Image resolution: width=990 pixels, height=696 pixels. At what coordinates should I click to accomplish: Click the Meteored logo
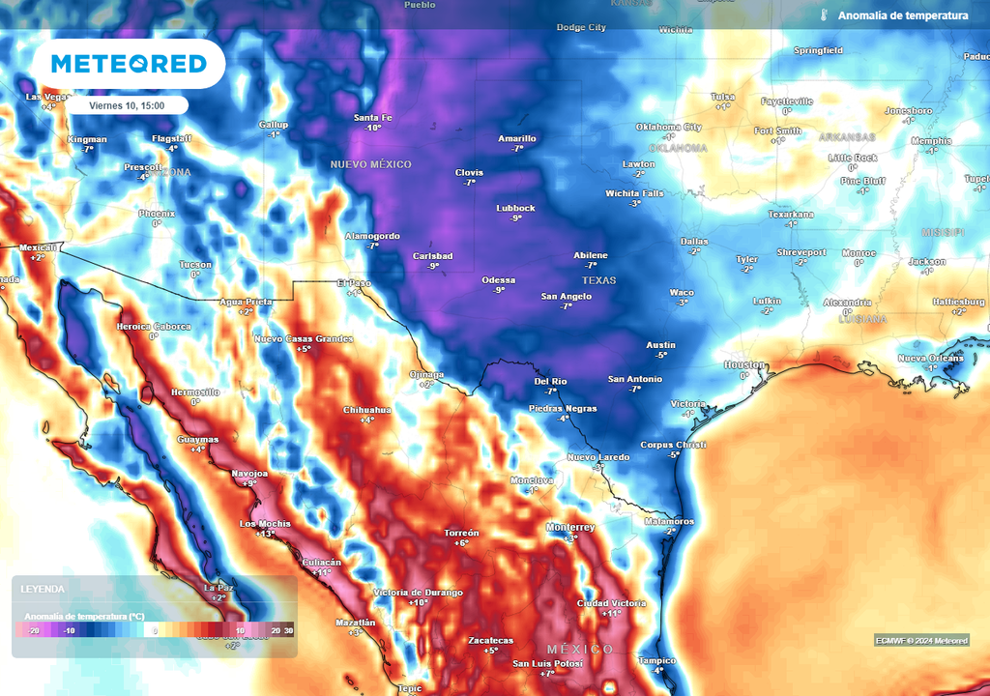pos(129,64)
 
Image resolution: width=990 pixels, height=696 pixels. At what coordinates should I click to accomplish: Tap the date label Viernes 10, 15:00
pos(127,105)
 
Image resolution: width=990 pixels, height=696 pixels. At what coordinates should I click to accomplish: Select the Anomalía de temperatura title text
pos(902,15)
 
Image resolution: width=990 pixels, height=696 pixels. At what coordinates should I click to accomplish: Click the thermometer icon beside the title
pos(824,15)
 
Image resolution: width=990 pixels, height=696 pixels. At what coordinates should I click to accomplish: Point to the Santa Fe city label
pos(372,117)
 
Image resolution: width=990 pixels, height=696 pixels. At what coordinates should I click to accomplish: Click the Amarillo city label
pos(516,138)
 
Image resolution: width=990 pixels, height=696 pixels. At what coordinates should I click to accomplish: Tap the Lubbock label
pos(515,208)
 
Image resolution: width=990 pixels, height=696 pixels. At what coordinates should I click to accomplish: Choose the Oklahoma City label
pos(668,127)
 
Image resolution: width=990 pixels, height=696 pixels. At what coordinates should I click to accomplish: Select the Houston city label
pos(744,364)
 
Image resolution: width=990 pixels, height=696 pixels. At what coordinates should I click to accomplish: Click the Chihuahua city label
pos(367,410)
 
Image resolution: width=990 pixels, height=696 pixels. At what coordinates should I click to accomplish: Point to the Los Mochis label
pos(265,523)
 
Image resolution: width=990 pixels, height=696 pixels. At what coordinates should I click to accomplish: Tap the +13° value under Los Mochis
pos(265,534)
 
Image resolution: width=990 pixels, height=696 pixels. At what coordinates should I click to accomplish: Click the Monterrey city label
pos(570,527)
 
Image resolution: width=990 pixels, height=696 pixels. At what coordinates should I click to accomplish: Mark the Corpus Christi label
pos(674,445)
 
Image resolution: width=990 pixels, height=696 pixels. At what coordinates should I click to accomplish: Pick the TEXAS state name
pos(598,280)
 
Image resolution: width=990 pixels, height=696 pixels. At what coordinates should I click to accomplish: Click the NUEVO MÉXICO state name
pos(370,164)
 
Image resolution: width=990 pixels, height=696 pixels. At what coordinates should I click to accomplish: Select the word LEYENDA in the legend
pos(44,589)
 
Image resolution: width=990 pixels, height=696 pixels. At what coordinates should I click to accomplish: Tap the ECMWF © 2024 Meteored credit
pos(921,640)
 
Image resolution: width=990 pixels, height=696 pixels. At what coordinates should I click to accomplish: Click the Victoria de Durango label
pos(418,592)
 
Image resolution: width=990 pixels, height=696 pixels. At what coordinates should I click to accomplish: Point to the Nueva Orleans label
pos(930,358)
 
